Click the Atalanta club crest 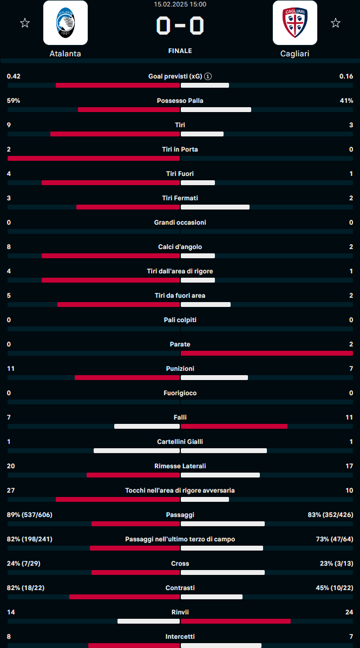pyautogui.click(x=66, y=23)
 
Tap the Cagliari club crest pyautogui.click(x=295, y=23)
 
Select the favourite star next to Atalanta pyautogui.click(x=24, y=23)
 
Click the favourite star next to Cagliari pyautogui.click(x=336, y=23)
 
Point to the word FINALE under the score pyautogui.click(x=180, y=51)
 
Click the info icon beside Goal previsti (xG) pyautogui.click(x=208, y=76)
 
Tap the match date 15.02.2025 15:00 pyautogui.click(x=180, y=4)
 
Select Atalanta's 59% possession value pyautogui.click(x=14, y=101)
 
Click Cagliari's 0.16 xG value pyautogui.click(x=346, y=76)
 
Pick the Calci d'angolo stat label pyautogui.click(x=180, y=247)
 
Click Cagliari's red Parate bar pyautogui.click(x=266, y=354)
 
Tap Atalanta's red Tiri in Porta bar pyautogui.click(x=93, y=159)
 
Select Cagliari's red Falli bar pyautogui.click(x=234, y=427)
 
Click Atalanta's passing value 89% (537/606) pyautogui.click(x=30, y=515)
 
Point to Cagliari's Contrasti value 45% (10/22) pyautogui.click(x=330, y=588)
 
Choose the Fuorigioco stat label pyautogui.click(x=180, y=393)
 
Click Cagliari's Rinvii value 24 pyautogui.click(x=349, y=612)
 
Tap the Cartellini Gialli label pyautogui.click(x=180, y=442)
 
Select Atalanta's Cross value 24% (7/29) pyautogui.click(x=24, y=564)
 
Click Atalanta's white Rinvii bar pyautogui.click(x=148, y=621)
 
